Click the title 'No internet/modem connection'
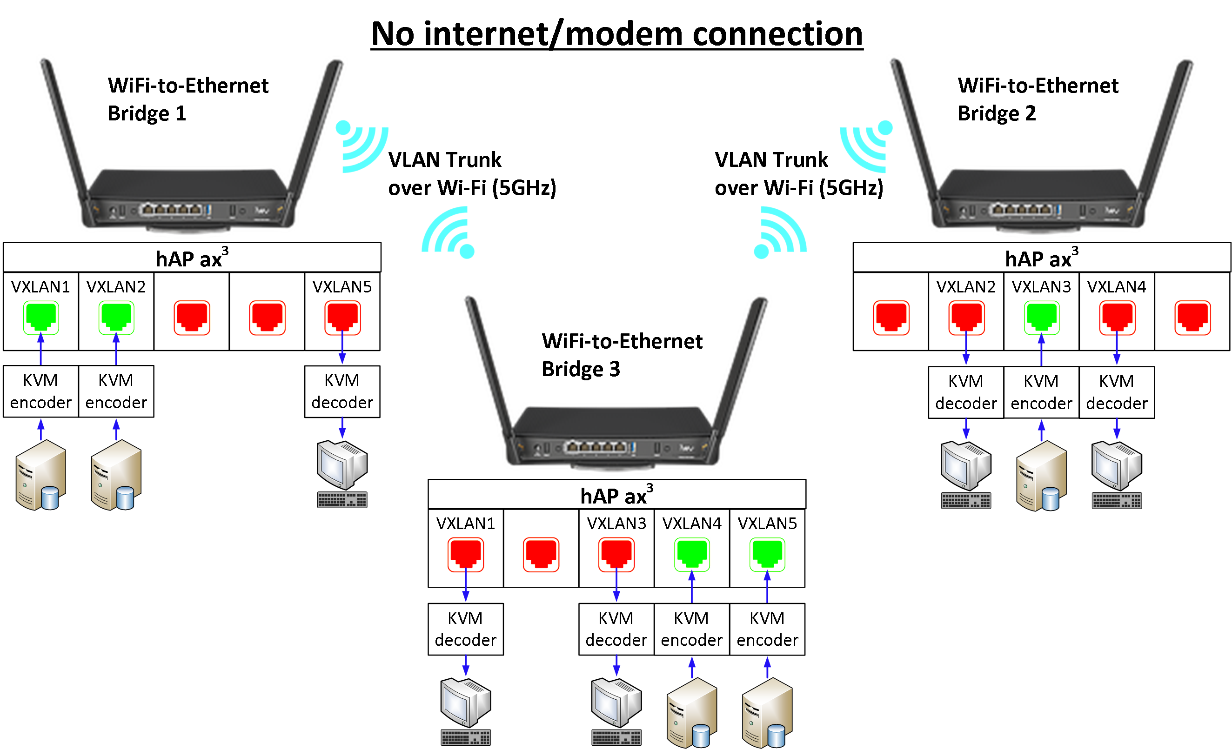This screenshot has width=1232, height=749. tap(616, 34)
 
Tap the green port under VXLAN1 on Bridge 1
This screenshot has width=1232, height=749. tap(41, 317)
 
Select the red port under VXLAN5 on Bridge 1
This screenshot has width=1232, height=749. tap(342, 317)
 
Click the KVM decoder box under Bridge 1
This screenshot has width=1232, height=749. tap(342, 391)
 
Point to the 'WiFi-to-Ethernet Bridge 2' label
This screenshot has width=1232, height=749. tap(1038, 99)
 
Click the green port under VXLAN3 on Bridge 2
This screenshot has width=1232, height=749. tap(1042, 317)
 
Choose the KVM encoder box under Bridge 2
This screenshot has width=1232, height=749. tap(1042, 392)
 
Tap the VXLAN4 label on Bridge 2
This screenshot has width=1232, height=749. tap(1117, 287)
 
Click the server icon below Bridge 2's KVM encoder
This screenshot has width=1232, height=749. tap(1042, 476)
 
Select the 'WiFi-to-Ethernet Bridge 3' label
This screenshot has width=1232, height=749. tap(622, 355)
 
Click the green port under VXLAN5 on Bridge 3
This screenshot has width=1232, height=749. tap(768, 554)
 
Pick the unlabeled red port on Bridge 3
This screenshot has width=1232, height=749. tap(541, 554)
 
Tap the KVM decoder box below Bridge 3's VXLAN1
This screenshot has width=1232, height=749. tap(466, 629)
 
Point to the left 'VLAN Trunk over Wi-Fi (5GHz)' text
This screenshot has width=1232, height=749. tap(471, 173)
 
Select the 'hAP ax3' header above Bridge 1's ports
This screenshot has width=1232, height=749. tap(192, 258)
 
